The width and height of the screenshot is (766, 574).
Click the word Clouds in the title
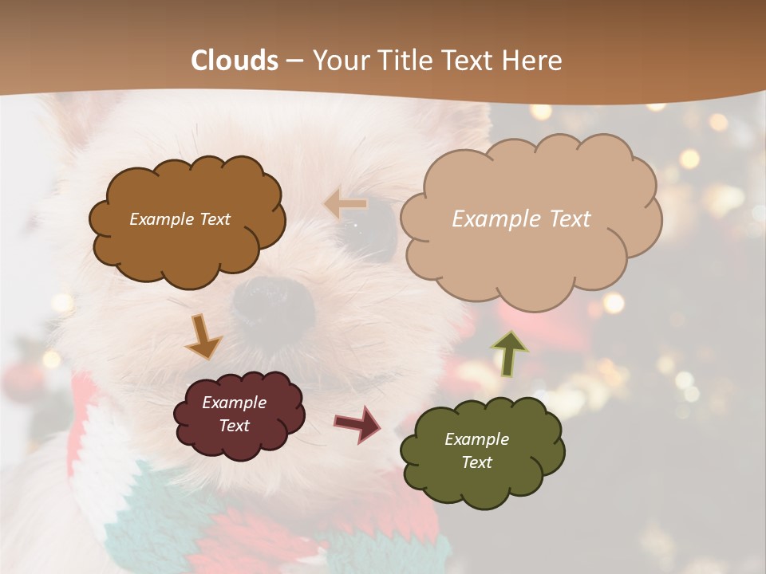tap(235, 61)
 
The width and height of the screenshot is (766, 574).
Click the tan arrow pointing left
tap(346, 204)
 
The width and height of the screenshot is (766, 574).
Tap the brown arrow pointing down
tap(203, 336)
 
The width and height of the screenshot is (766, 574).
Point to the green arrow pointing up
tap(509, 352)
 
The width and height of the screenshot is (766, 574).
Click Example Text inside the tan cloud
tap(521, 219)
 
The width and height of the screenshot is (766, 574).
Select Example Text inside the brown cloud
tap(180, 219)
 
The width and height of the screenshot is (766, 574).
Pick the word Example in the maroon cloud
tap(234, 403)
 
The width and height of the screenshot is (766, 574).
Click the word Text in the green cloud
tap(476, 462)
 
